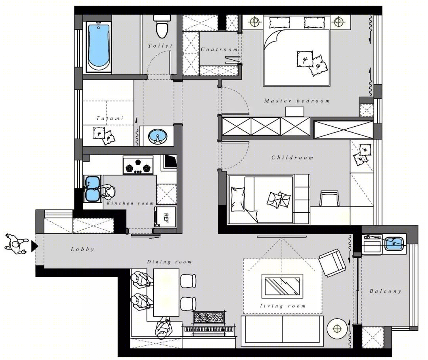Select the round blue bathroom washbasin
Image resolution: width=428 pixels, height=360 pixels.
coord(158,136)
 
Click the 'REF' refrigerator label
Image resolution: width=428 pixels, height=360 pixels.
coord(166,218)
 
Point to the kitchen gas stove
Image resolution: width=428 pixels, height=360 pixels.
coord(138,165)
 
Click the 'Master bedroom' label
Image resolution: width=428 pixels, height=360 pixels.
coord(297,101)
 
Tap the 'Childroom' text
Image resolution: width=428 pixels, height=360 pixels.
coord(292,157)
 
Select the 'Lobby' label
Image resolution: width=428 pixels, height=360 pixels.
coord(82,249)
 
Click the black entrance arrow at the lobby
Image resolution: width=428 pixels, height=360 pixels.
coord(34,246)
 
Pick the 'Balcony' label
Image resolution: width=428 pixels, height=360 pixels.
coord(386,291)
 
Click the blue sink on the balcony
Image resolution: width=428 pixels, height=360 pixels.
coord(394,244)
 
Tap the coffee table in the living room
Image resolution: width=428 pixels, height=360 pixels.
coord(282,286)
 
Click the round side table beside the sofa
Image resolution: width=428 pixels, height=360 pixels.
coord(337,329)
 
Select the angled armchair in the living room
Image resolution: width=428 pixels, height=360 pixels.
coord(332,263)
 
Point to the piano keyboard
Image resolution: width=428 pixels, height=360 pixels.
coord(209,329)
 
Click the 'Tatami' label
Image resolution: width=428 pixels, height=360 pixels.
coord(110,118)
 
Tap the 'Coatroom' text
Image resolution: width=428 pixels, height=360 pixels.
coord(219,50)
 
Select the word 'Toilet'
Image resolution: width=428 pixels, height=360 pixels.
coord(160,46)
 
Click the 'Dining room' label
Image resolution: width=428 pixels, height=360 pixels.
coord(169,262)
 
